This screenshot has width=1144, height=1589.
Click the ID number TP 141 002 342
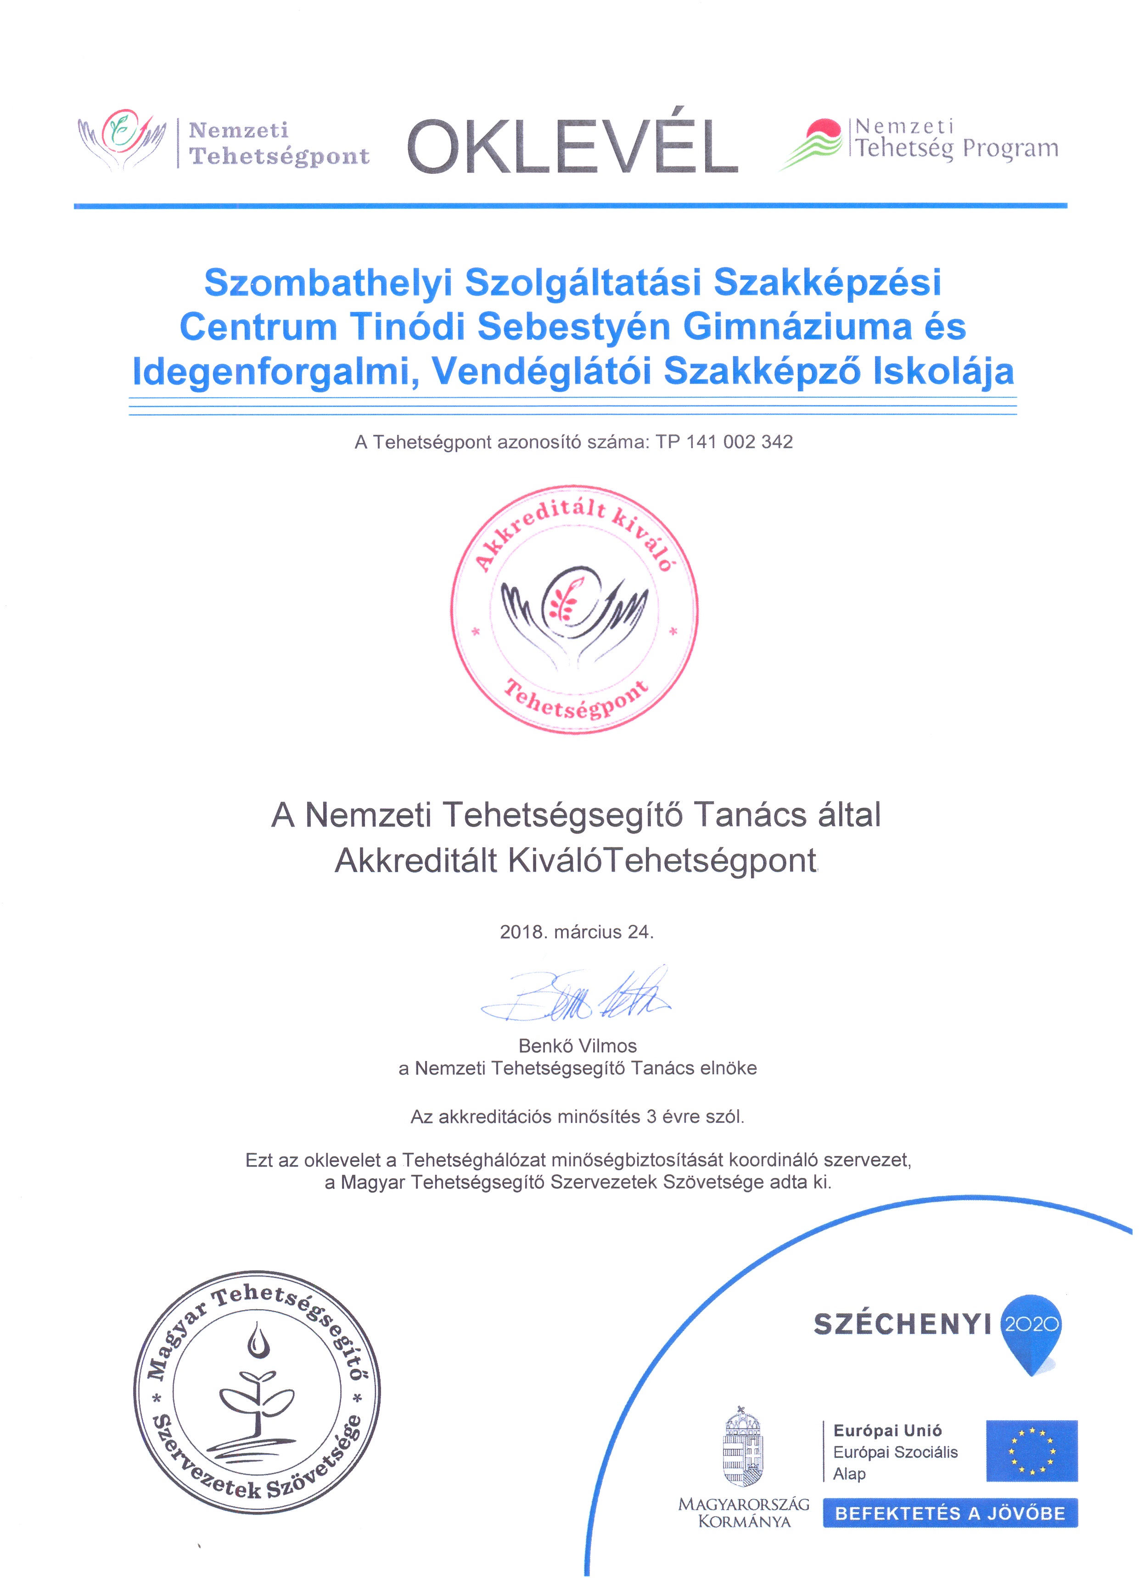tap(724, 442)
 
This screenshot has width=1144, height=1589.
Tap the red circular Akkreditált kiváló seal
tap(574, 609)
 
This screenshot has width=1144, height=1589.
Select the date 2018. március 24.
tap(576, 932)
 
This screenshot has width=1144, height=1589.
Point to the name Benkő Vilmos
tap(578, 1046)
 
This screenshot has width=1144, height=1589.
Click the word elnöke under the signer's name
tap(729, 1068)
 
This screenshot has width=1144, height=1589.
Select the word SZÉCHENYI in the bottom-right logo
tap(902, 1325)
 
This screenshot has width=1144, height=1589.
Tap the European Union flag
tap(1031, 1450)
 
